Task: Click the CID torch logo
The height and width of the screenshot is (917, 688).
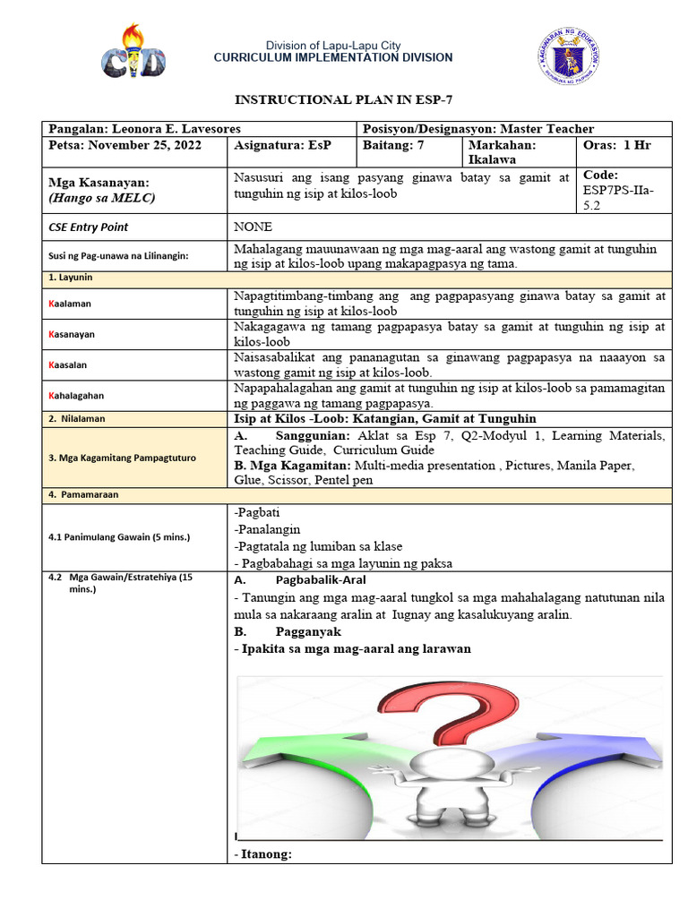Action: (133, 55)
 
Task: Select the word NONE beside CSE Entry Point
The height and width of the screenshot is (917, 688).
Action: (254, 227)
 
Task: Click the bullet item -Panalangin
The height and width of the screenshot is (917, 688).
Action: (267, 529)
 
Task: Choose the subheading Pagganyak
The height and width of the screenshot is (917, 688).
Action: (307, 631)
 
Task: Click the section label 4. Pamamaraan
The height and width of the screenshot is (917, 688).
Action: (83, 494)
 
